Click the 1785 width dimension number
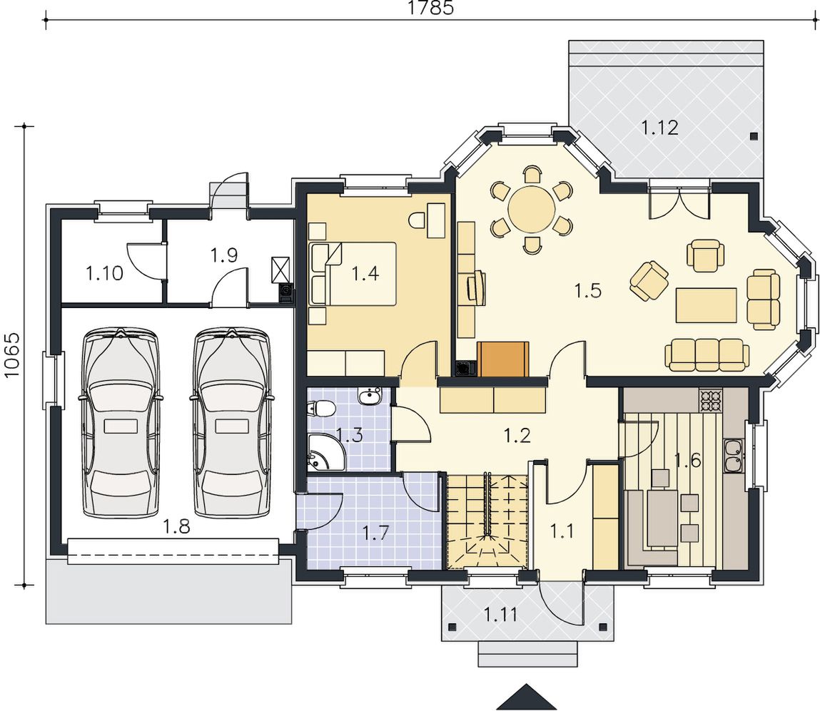[430, 8]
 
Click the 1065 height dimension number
[11, 355]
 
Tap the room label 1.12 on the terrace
[659, 128]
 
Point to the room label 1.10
[104, 272]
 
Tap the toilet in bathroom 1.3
[321, 408]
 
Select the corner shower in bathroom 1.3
[325, 451]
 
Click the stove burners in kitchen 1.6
[711, 401]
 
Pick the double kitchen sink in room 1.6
[734, 455]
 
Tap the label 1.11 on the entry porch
[500, 614]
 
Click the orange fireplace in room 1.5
[503, 359]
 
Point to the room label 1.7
[377, 533]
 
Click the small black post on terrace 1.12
[753, 136]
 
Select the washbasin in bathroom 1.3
[371, 396]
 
